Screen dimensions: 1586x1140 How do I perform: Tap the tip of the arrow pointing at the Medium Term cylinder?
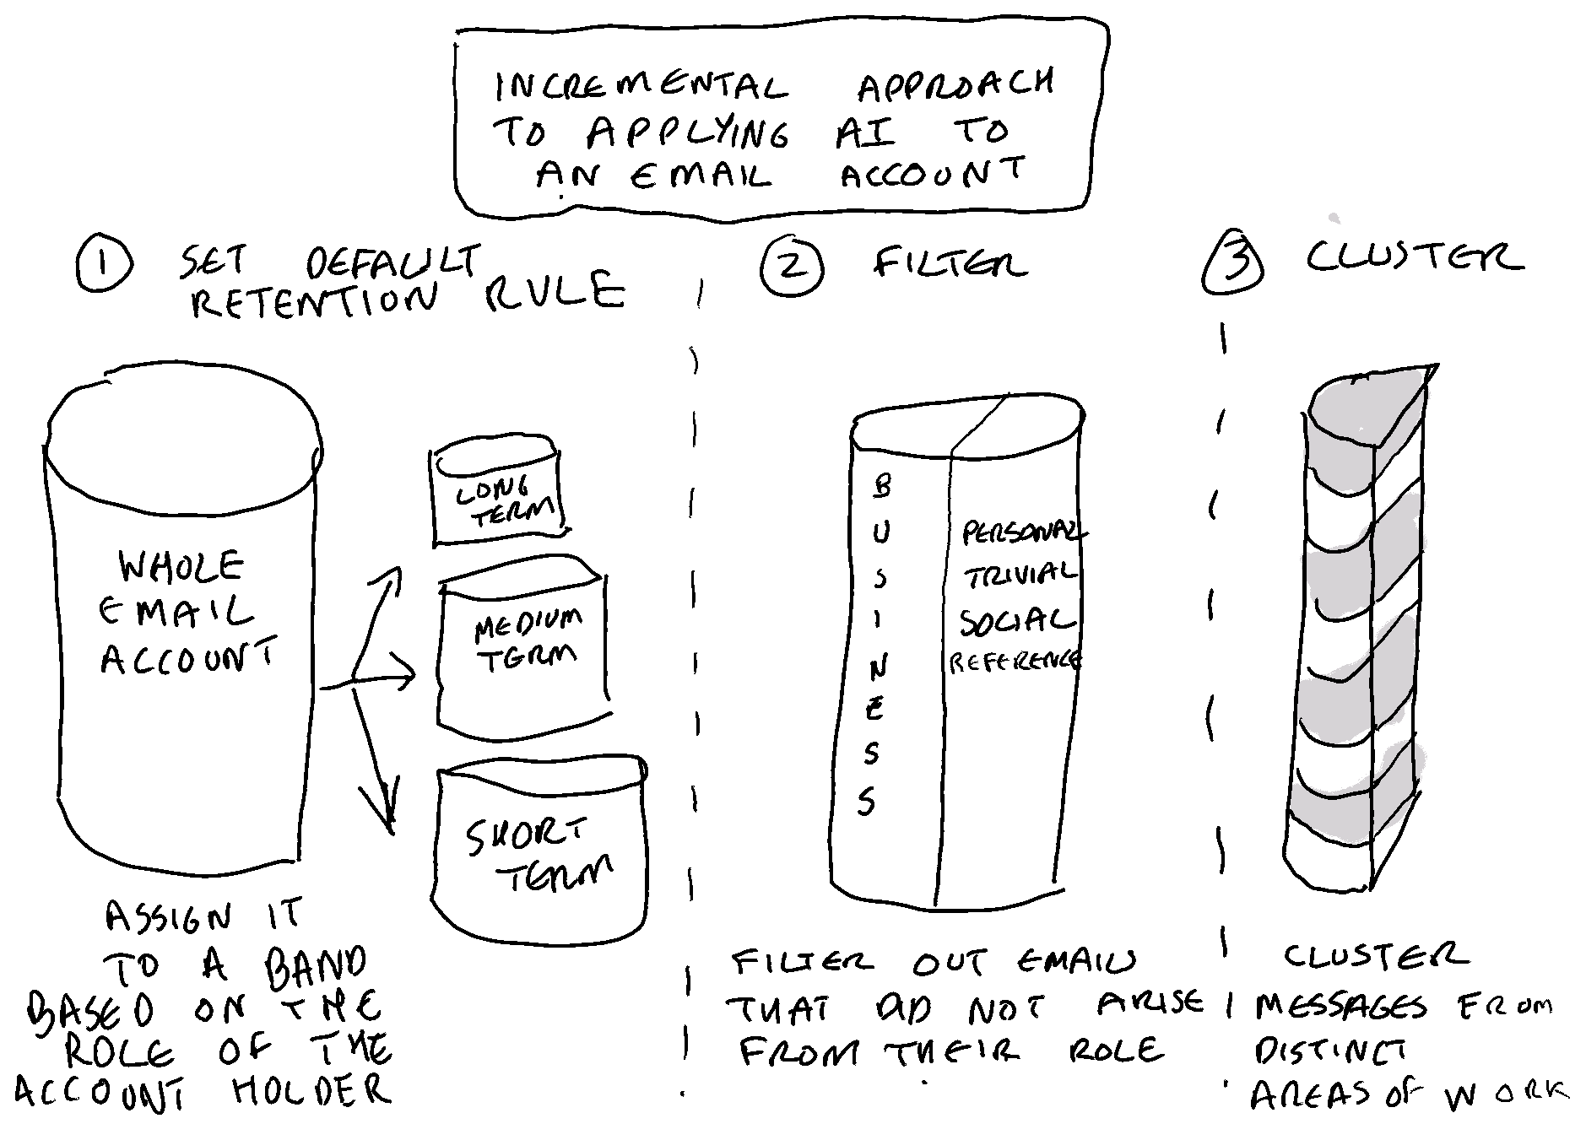[415, 674]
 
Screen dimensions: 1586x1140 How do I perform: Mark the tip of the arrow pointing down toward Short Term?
[391, 832]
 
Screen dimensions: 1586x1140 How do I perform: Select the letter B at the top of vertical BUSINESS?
[882, 485]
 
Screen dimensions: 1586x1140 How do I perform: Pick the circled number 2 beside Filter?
[792, 265]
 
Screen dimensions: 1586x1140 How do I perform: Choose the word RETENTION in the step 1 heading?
[314, 300]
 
